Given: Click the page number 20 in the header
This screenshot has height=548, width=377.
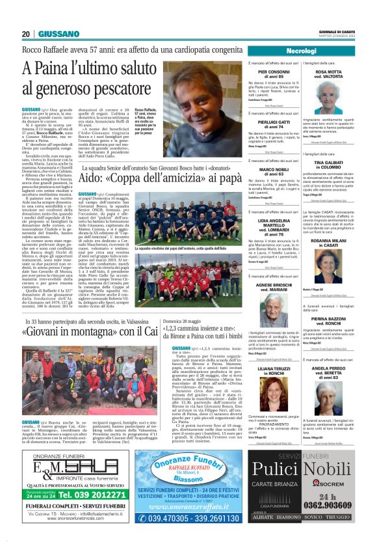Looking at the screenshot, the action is pyautogui.click(x=26, y=34).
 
